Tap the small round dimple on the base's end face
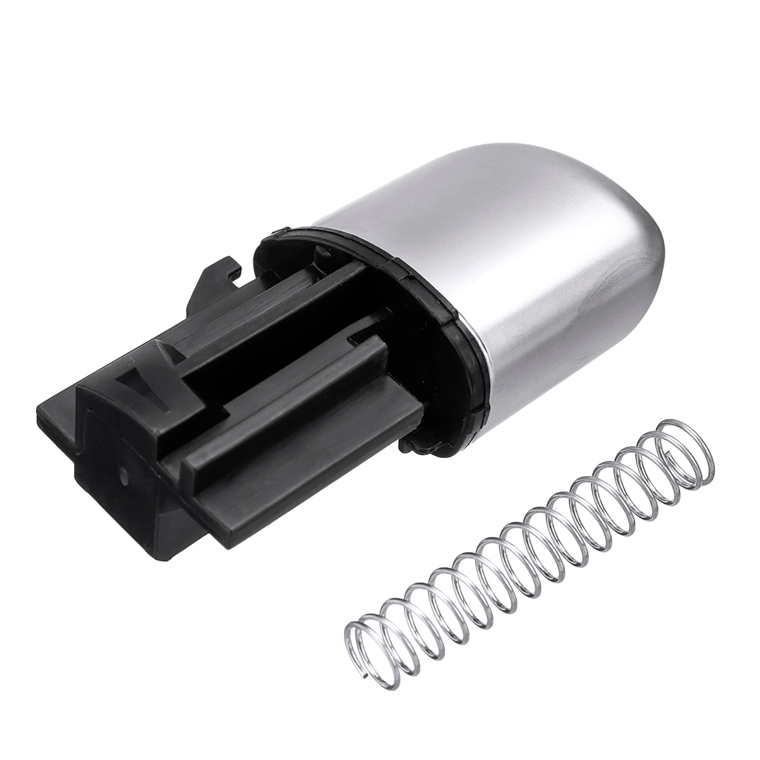click(122, 472)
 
